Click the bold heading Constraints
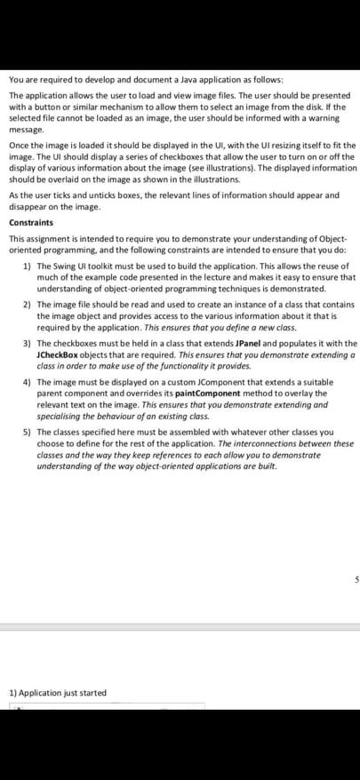[x=30, y=222]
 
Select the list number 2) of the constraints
[x=27, y=304]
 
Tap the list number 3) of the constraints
[x=27, y=343]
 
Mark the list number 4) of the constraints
[x=27, y=384]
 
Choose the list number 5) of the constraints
[x=27, y=434]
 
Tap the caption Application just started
[x=61, y=693]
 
